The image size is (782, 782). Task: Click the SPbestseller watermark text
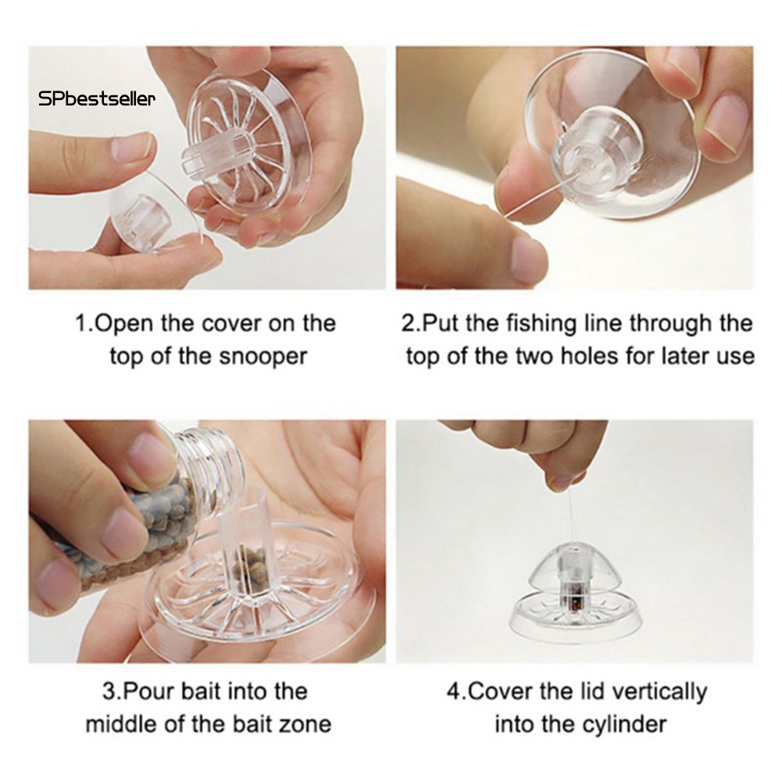coord(97,98)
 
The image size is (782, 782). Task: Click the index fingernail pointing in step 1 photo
coord(129,148)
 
